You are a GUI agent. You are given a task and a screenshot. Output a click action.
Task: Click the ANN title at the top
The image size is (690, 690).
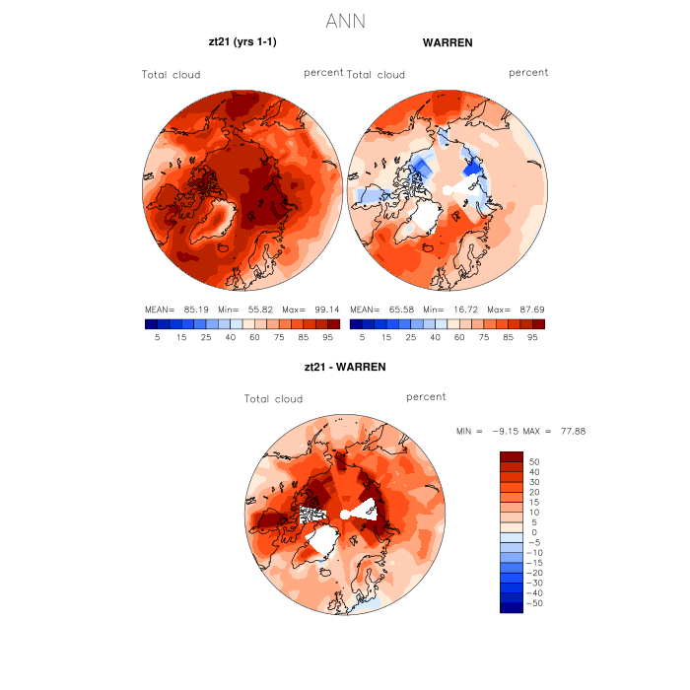345,21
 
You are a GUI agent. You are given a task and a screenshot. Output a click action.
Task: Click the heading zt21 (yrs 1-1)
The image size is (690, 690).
241,43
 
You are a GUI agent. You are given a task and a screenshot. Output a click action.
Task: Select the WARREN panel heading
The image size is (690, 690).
448,43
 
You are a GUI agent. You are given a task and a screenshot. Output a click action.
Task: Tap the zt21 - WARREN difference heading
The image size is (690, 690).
345,367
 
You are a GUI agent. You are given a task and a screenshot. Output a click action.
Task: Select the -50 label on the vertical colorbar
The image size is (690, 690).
533,602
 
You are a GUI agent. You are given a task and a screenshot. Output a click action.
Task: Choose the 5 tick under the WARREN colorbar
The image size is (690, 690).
363,337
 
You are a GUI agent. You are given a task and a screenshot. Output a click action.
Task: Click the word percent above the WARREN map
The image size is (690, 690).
528,73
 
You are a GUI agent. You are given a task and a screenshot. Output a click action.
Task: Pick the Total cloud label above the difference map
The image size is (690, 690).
274,399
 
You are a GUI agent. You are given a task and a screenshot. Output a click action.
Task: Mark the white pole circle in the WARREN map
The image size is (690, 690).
448,188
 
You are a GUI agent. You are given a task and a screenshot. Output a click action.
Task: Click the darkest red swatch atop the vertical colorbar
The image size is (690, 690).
512,456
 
